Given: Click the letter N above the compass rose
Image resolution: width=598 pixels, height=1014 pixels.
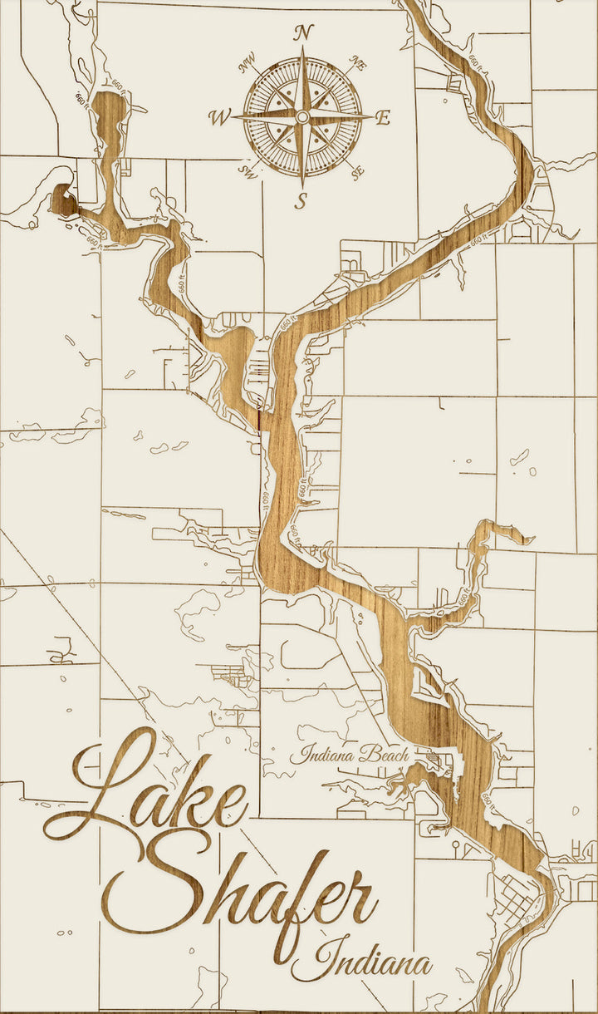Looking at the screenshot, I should click(x=304, y=33).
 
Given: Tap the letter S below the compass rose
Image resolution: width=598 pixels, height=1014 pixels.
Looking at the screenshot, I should click(x=302, y=200).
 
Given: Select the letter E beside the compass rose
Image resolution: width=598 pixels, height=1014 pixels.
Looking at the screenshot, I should click(x=383, y=118).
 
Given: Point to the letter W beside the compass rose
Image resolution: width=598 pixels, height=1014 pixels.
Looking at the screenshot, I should click(x=220, y=118).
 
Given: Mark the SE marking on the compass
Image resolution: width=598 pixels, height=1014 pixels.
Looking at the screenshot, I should click(x=359, y=173).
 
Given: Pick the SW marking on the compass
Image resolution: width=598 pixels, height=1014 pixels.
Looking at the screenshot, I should click(x=247, y=172).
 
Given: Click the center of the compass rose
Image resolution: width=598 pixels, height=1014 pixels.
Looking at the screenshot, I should click(x=303, y=117).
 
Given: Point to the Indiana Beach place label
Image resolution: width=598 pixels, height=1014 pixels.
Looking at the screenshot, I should click(x=349, y=755).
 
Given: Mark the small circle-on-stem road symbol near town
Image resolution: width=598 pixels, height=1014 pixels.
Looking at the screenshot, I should click(x=456, y=846).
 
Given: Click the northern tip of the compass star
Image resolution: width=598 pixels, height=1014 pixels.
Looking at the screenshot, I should click(x=303, y=52).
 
